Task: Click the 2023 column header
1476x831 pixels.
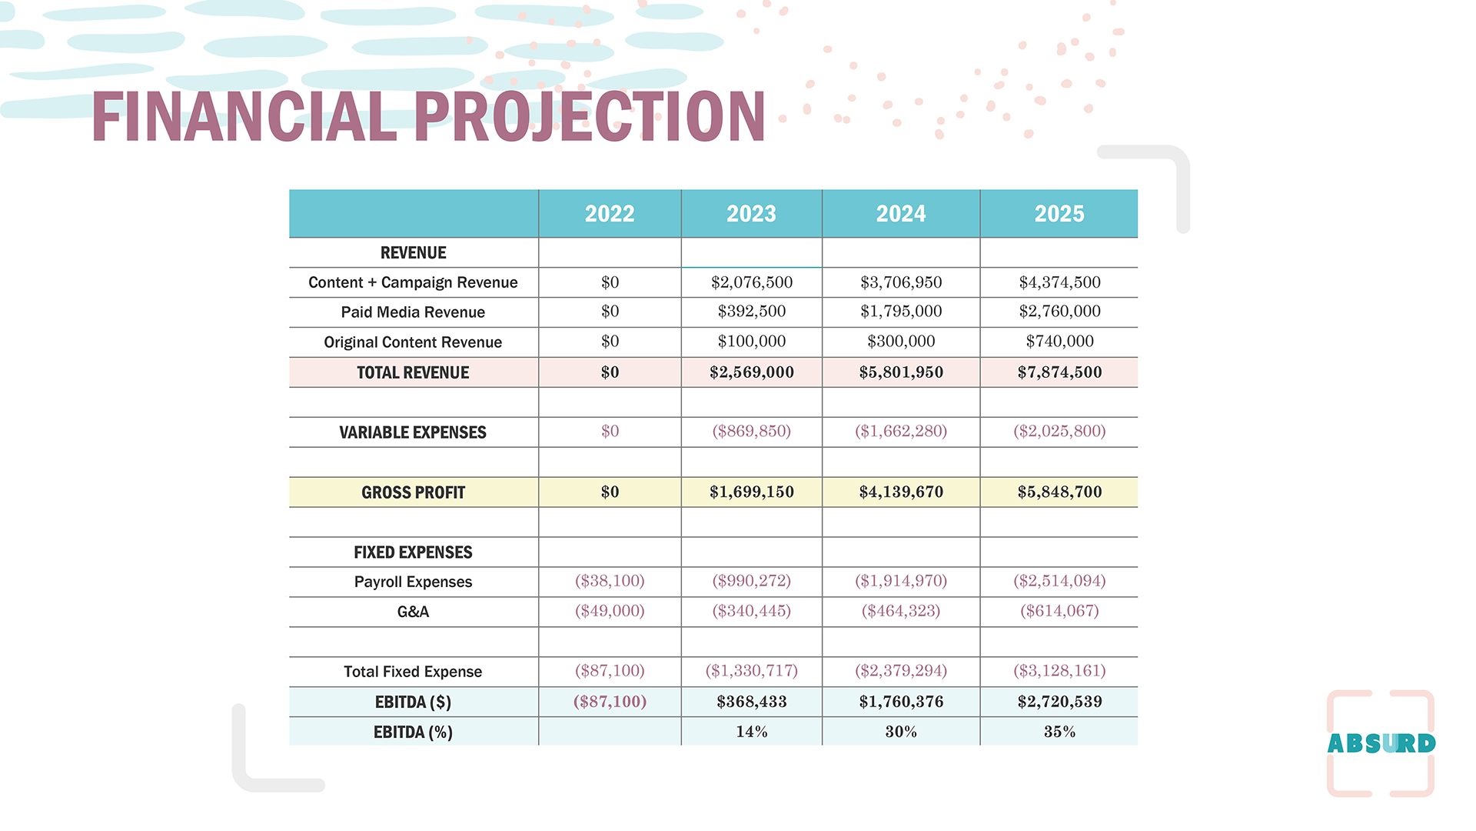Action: click(751, 214)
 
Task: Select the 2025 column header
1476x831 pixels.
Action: click(1059, 214)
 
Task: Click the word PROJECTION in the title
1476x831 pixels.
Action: click(590, 117)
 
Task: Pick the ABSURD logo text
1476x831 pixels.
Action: click(1381, 743)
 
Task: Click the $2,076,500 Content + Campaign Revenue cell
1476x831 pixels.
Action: click(751, 282)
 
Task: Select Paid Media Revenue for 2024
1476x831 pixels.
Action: click(901, 312)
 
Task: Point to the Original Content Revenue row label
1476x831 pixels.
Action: click(413, 342)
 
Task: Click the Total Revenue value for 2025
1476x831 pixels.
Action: click(1059, 372)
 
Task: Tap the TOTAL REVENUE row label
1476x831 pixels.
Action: click(413, 372)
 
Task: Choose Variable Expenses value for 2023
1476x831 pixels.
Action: click(751, 432)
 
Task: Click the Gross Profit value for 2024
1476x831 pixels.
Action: click(901, 492)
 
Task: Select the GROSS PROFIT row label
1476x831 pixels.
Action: click(413, 492)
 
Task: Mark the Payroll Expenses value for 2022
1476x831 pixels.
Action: click(610, 581)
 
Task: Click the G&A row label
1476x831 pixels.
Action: click(413, 612)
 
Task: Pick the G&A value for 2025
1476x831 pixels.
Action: click(1059, 611)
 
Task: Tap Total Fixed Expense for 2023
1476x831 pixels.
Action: click(751, 671)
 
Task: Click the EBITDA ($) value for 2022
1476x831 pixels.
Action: click(610, 702)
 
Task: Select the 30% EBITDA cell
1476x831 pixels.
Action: click(901, 732)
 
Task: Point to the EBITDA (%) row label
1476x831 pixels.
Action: click(413, 733)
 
